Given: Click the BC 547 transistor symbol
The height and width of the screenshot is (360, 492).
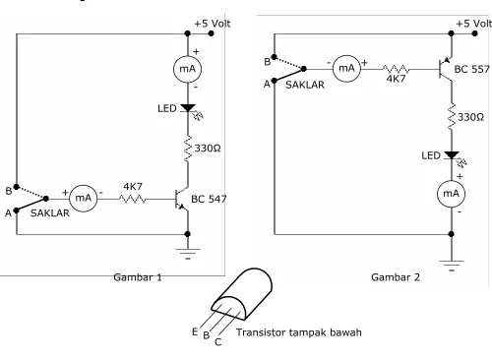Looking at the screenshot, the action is point(181,199).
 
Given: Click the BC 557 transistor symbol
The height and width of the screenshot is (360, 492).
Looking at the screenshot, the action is point(446,69).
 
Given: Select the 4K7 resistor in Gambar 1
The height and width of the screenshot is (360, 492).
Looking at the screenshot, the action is point(133,199).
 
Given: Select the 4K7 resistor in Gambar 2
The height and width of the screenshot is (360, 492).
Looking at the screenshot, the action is point(396,69).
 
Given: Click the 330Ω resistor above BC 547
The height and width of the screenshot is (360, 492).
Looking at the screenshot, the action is point(188,149).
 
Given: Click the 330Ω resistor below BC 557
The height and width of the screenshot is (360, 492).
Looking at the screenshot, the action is point(452,117).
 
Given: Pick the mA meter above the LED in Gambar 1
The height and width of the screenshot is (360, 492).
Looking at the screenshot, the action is point(187,69).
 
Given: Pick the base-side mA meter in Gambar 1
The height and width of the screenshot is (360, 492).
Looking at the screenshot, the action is point(84,198).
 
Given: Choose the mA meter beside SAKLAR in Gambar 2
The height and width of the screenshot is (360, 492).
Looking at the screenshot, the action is point(346,69).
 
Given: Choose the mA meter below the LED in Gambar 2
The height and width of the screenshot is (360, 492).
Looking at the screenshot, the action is point(451,194).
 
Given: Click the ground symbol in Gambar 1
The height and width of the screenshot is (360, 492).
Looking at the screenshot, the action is point(188,254).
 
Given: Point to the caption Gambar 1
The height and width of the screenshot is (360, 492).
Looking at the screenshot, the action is point(138,277).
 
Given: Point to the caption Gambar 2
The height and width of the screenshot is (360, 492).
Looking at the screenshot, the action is point(396,277).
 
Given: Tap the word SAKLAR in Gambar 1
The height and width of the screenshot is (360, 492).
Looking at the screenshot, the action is point(50,213).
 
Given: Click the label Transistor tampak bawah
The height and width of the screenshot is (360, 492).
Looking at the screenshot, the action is point(299,332).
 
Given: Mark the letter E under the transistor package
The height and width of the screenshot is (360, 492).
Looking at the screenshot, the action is point(195,331).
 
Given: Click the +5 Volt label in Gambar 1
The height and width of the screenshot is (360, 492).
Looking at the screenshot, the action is point(213,24).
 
